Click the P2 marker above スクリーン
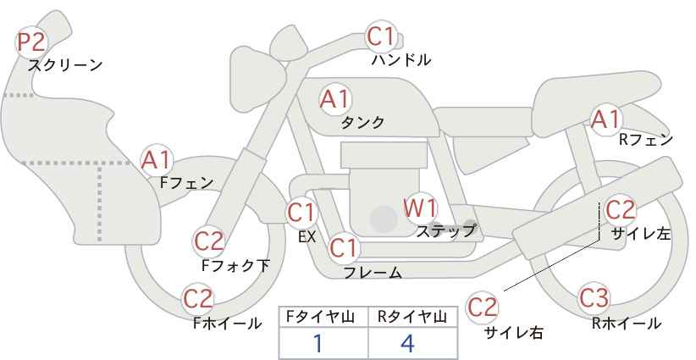tap(31, 42)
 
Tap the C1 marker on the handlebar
tap(381, 36)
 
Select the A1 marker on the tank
tap(335, 99)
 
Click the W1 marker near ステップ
tap(420, 208)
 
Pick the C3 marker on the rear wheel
tap(594, 297)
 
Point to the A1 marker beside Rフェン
tap(606, 119)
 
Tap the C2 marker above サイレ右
tap(482, 307)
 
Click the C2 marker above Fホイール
tap(198, 299)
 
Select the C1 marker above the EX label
tap(301, 213)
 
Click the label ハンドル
tap(400, 60)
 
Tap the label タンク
tap(362, 122)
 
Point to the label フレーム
tap(373, 273)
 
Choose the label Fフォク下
tap(235, 265)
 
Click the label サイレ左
tap(641, 234)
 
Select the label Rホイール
tap(627, 324)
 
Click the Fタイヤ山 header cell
tap(323, 317)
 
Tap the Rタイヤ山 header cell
tap(413, 317)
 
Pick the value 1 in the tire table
tap(318, 343)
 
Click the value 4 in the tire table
tap(407, 343)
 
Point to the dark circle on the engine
tap(384, 219)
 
